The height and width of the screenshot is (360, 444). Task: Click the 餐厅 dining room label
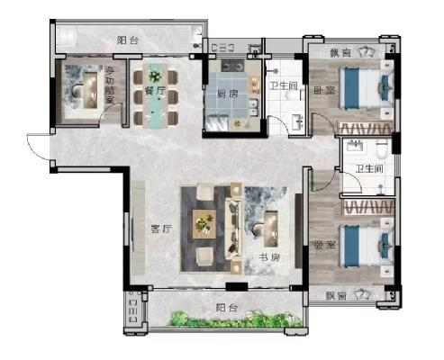pyautogui.click(x=155, y=91)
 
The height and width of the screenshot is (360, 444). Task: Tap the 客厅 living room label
pyautogui.click(x=161, y=229)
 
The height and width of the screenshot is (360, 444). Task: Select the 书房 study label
pyautogui.click(x=269, y=257)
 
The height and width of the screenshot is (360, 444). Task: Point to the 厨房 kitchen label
pyautogui.click(x=227, y=94)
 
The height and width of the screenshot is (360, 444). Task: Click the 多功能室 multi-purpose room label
pyautogui.click(x=110, y=85)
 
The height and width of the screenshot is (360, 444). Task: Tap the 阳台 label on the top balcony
pyautogui.click(x=128, y=40)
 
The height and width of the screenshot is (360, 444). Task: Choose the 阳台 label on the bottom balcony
pyautogui.click(x=227, y=308)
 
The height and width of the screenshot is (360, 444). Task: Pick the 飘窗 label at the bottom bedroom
pyautogui.click(x=336, y=296)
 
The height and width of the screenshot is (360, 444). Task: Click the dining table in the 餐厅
pyautogui.click(x=155, y=96)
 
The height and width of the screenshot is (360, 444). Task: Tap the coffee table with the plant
pyautogui.click(x=204, y=224)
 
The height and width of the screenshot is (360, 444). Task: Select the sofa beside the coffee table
pyautogui.click(x=233, y=229)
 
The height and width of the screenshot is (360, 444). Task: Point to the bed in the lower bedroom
pyautogui.click(x=366, y=247)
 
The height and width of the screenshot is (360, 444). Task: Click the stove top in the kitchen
pyautogui.click(x=233, y=66)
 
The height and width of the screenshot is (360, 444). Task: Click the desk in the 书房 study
pyautogui.click(x=271, y=229)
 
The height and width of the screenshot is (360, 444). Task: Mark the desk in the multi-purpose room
pyautogui.click(x=90, y=90)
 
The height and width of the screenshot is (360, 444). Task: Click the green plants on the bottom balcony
pyautogui.click(x=236, y=319)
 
